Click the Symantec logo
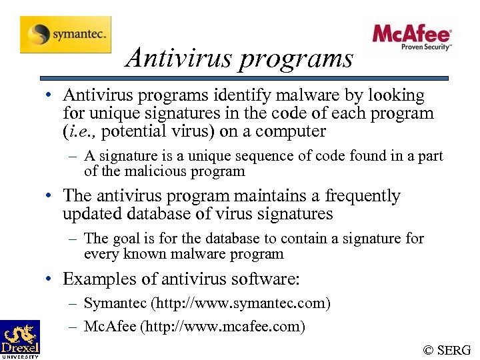(x=65, y=34)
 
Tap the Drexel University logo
(x=20, y=339)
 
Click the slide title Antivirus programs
(x=239, y=58)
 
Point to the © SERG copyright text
(x=447, y=350)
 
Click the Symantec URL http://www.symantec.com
(x=241, y=303)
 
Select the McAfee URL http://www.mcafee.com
(x=230, y=326)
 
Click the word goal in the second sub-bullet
(x=125, y=239)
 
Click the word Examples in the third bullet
(x=97, y=279)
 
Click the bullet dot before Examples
(x=50, y=279)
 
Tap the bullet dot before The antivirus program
(x=50, y=196)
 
